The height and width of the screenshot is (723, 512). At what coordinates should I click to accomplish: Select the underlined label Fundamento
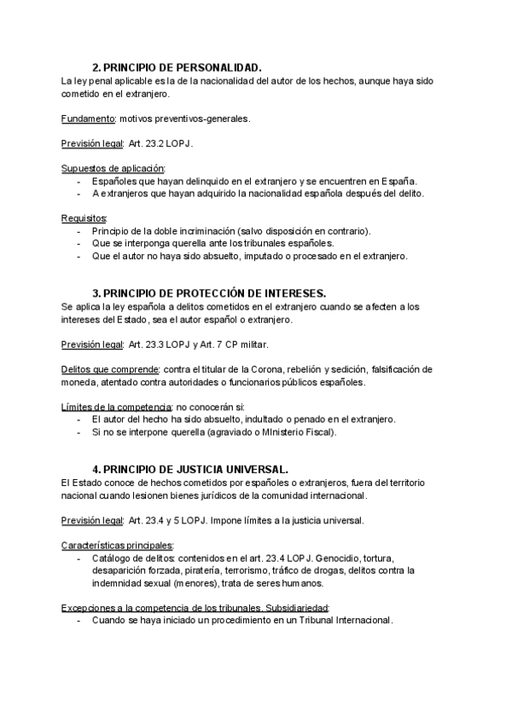89,119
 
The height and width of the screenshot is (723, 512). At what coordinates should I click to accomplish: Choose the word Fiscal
317,432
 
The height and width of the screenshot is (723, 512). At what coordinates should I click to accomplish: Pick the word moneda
80,382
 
